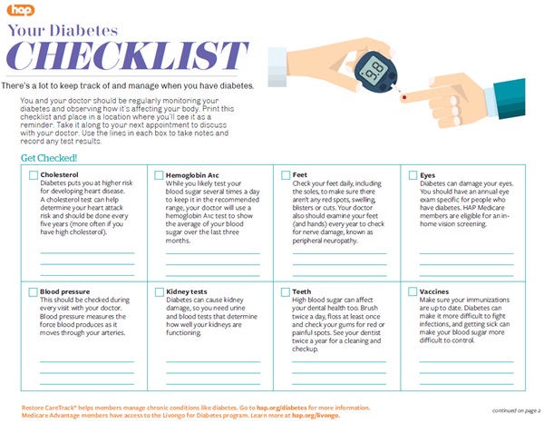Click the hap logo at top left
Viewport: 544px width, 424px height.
coord(20,10)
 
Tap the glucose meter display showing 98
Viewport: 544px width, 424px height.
coord(371,68)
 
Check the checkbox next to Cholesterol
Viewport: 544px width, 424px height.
coord(34,174)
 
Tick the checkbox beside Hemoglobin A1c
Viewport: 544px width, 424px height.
coord(159,174)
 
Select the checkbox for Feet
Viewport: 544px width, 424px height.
coord(286,174)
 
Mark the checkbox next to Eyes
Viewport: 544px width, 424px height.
coord(413,174)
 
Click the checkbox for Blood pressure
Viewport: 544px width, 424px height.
coord(34,292)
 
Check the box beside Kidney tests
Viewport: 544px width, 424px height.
coord(159,292)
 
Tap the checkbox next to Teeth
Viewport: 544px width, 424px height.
coord(286,292)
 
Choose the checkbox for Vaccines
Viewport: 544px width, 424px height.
coord(413,292)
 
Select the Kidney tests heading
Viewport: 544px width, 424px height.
coord(188,292)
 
